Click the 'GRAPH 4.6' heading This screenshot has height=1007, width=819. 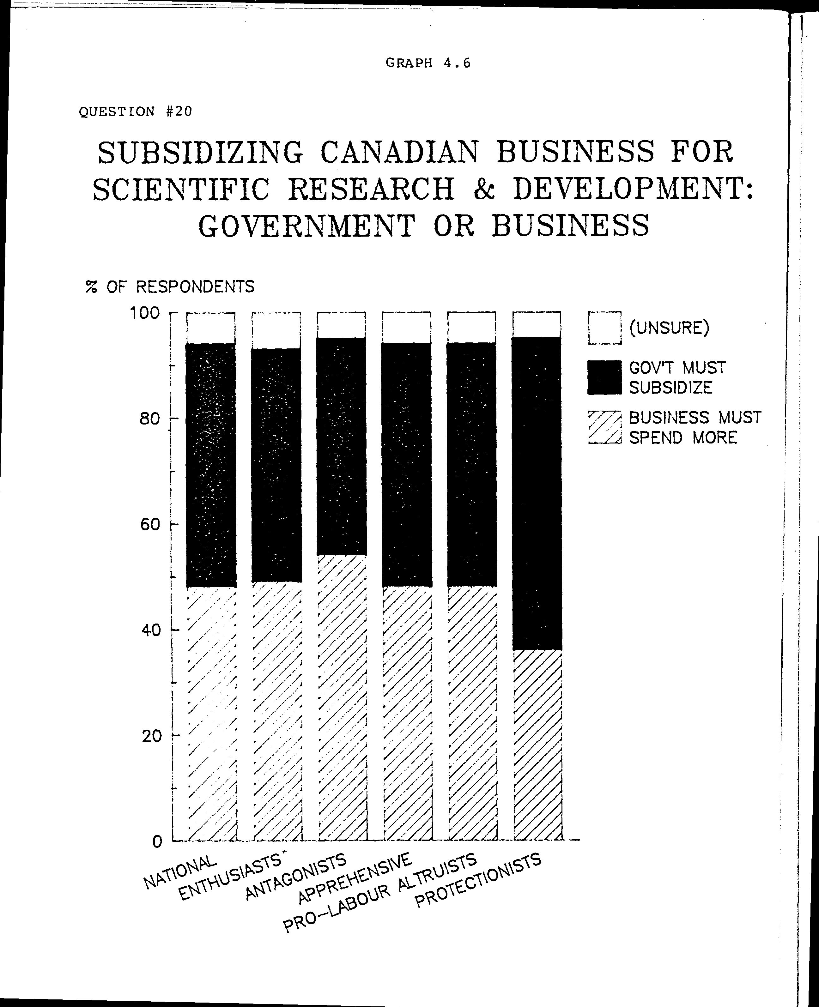pyautogui.click(x=428, y=63)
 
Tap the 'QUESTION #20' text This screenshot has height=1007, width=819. pyautogui.click(x=136, y=112)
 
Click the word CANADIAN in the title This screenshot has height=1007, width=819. pyautogui.click(x=399, y=152)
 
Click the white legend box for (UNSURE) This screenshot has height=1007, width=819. pyautogui.click(x=604, y=328)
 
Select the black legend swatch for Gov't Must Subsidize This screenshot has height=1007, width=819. pyautogui.click(x=604, y=377)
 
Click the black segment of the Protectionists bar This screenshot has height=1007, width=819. pyautogui.click(x=537, y=493)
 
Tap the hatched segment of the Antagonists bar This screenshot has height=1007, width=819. pyautogui.click(x=342, y=698)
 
